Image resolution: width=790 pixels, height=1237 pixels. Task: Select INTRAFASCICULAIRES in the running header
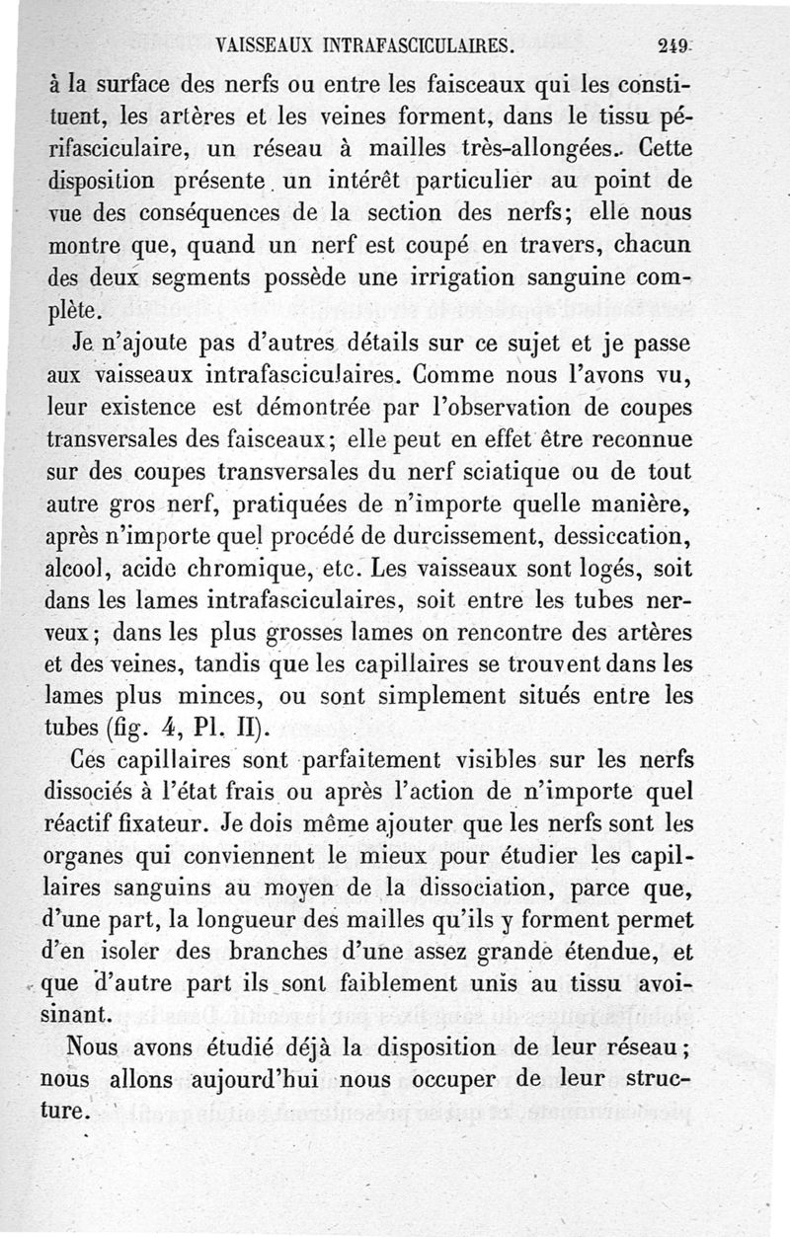pos(424,45)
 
